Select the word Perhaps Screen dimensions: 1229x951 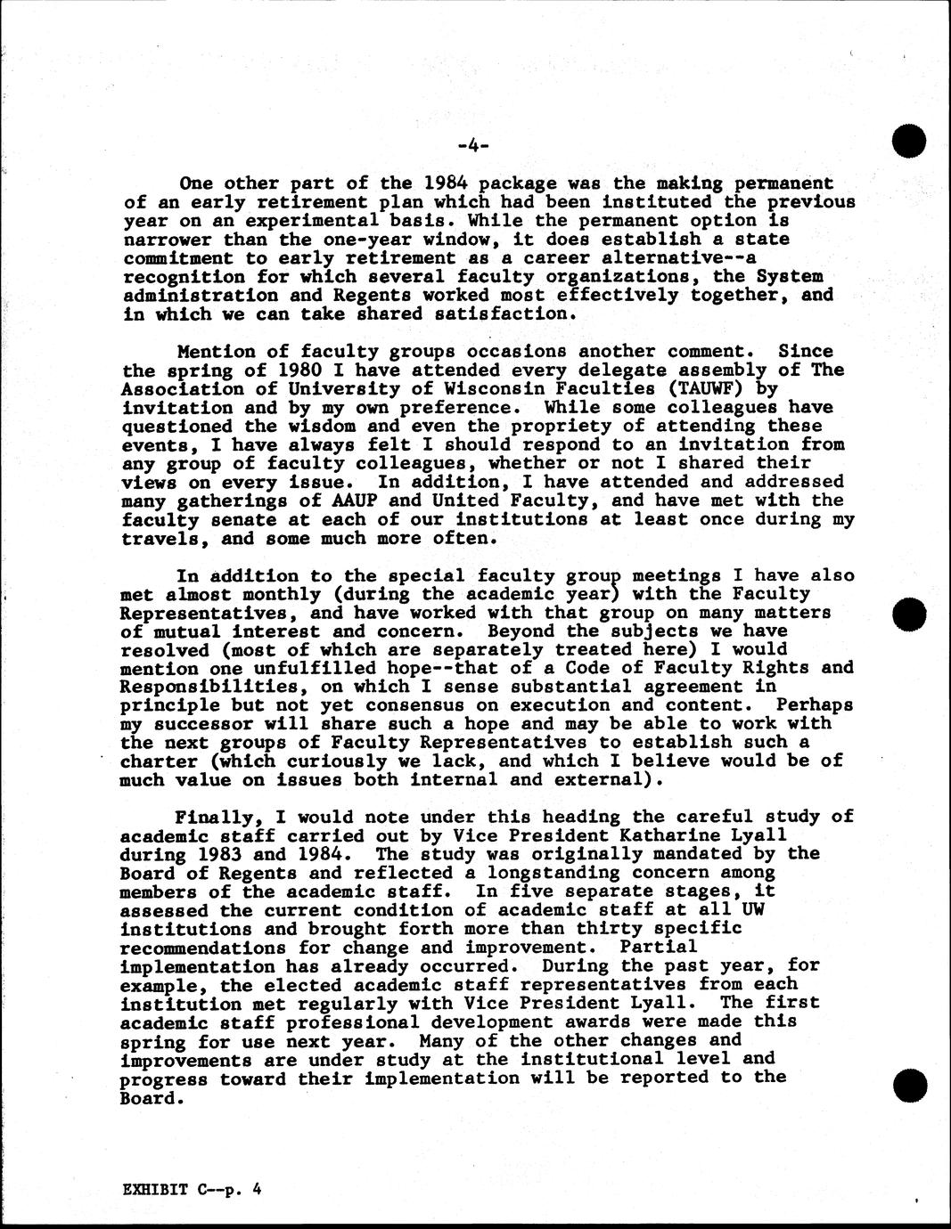coord(815,704)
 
